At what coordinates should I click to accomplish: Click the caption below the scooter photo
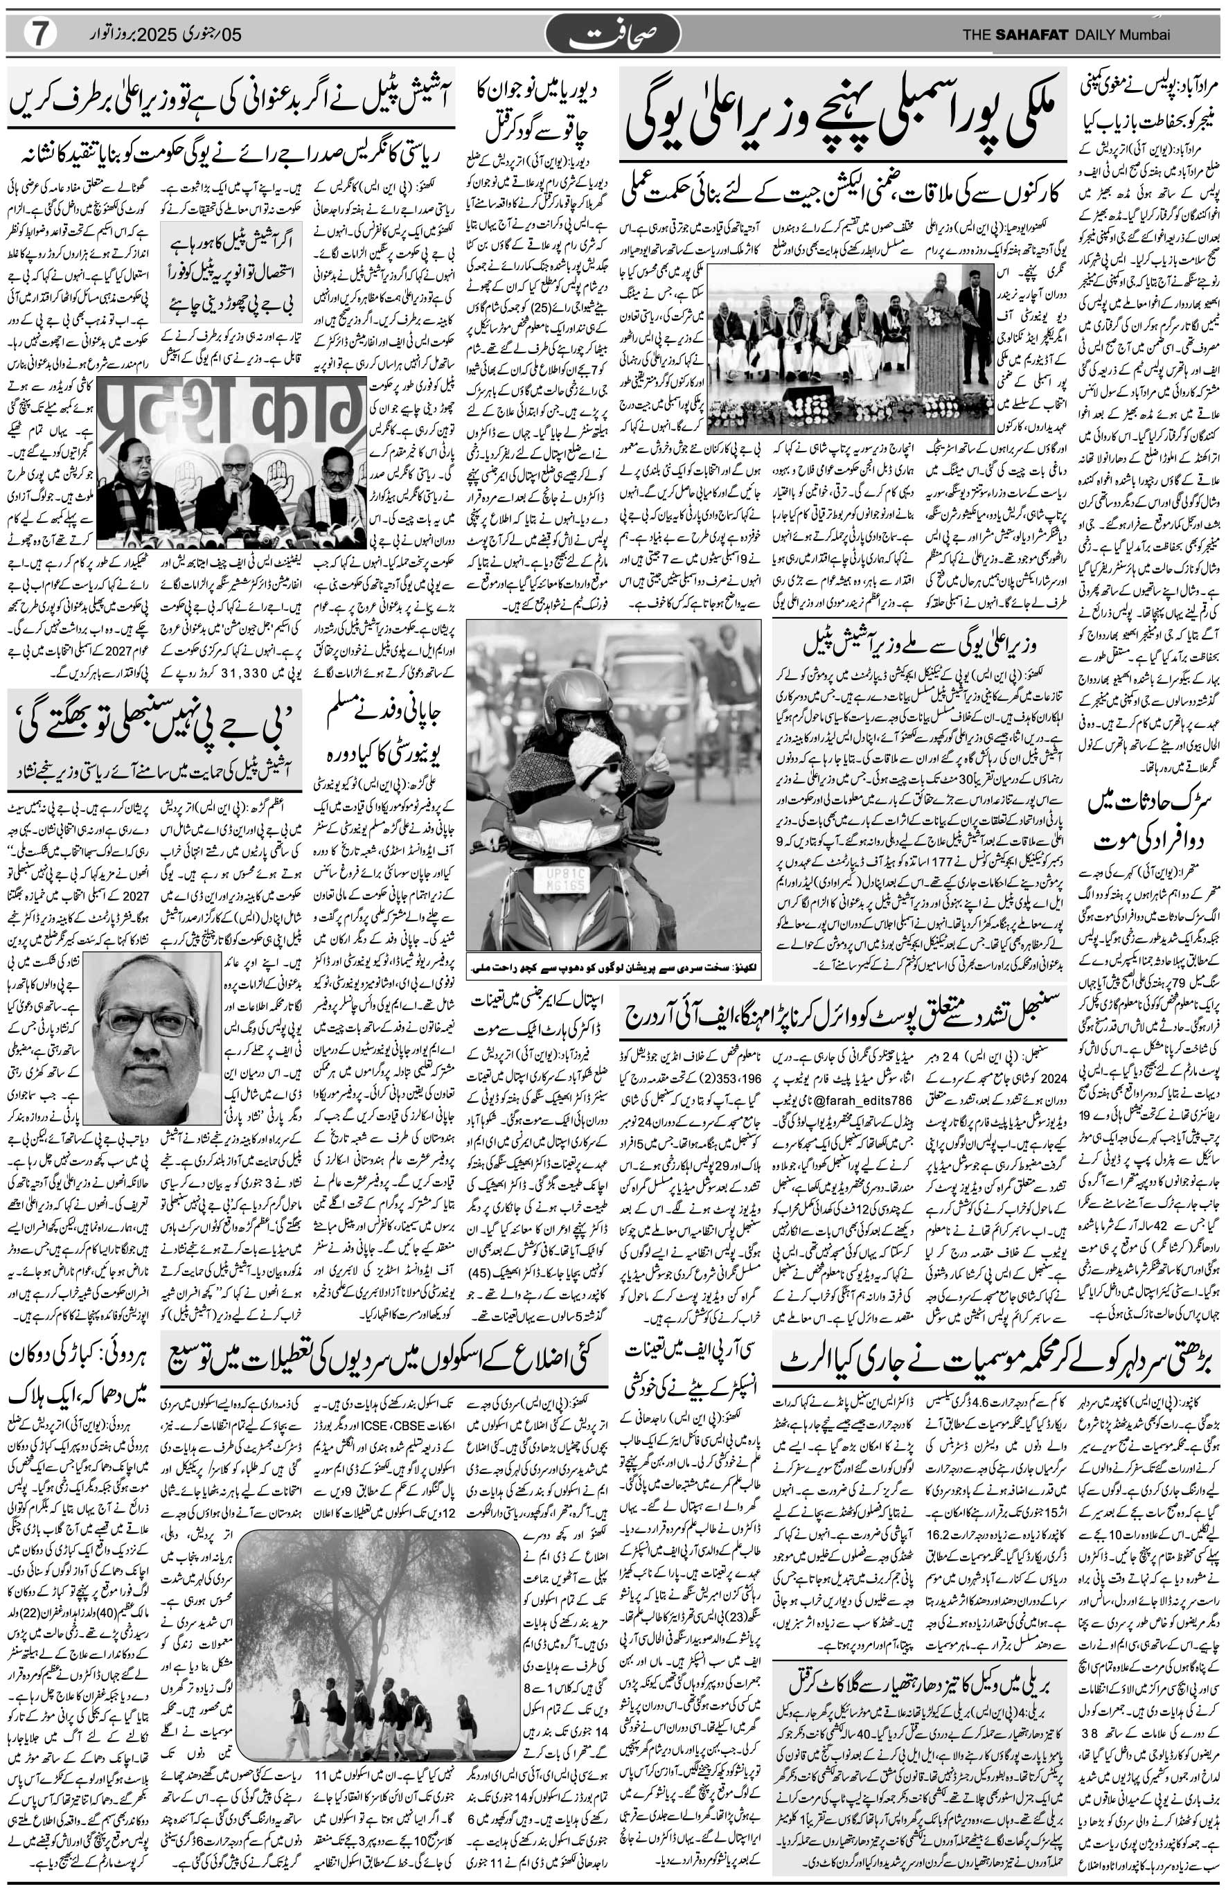tap(612, 967)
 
